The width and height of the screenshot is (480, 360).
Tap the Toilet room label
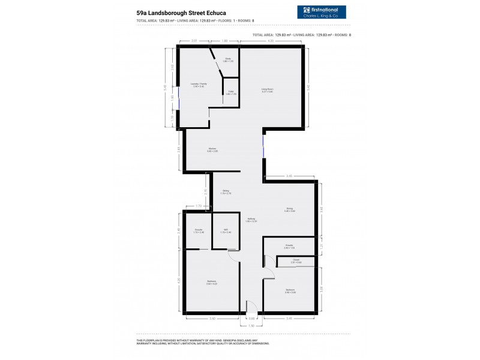[x=230, y=92]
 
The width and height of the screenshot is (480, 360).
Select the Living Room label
[x=267, y=90]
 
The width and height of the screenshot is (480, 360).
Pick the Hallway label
[x=251, y=220]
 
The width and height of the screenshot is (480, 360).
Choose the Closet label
[x=296, y=261]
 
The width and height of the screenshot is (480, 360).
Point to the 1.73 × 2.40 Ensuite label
[x=198, y=230]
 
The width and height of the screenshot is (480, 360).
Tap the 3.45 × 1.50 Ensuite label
[x=289, y=246]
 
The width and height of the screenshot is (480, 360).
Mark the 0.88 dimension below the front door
[x=252, y=318]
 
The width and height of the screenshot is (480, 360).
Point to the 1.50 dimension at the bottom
[x=252, y=326]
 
